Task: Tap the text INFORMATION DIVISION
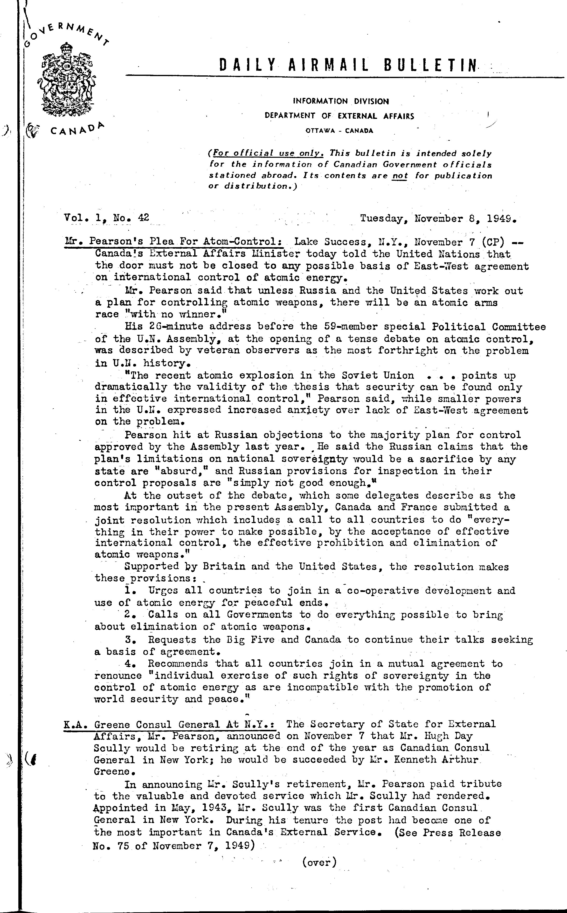pos(340,101)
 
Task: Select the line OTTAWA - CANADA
pos(339,131)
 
